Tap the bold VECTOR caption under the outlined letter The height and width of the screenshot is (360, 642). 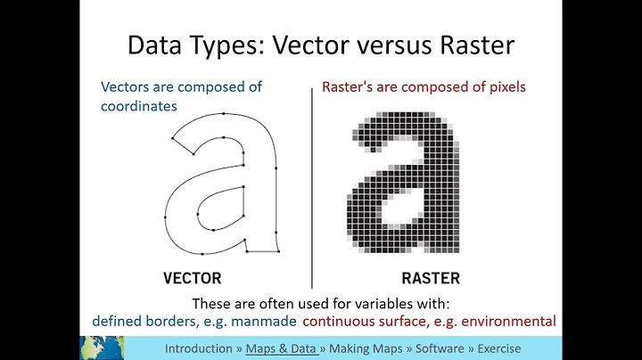pyautogui.click(x=192, y=277)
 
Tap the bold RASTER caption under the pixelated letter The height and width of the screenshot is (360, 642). pyautogui.click(x=431, y=277)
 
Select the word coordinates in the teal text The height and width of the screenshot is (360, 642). pyautogui.click(x=138, y=106)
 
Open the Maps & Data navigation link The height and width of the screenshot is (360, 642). pyautogui.click(x=284, y=348)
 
